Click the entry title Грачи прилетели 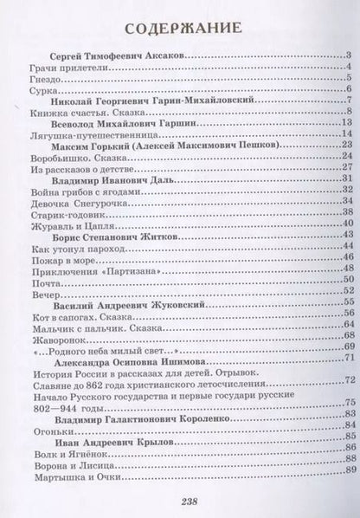click(x=59, y=68)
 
